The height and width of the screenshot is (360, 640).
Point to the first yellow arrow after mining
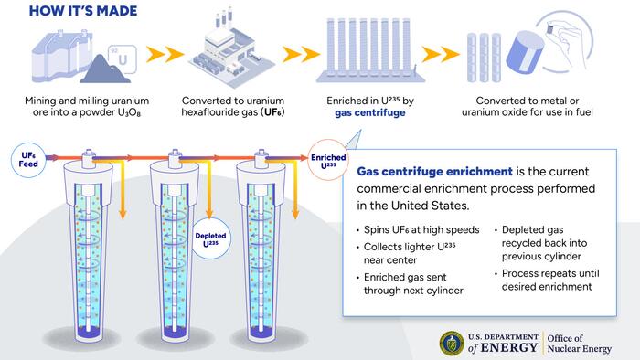coord(163,54)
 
